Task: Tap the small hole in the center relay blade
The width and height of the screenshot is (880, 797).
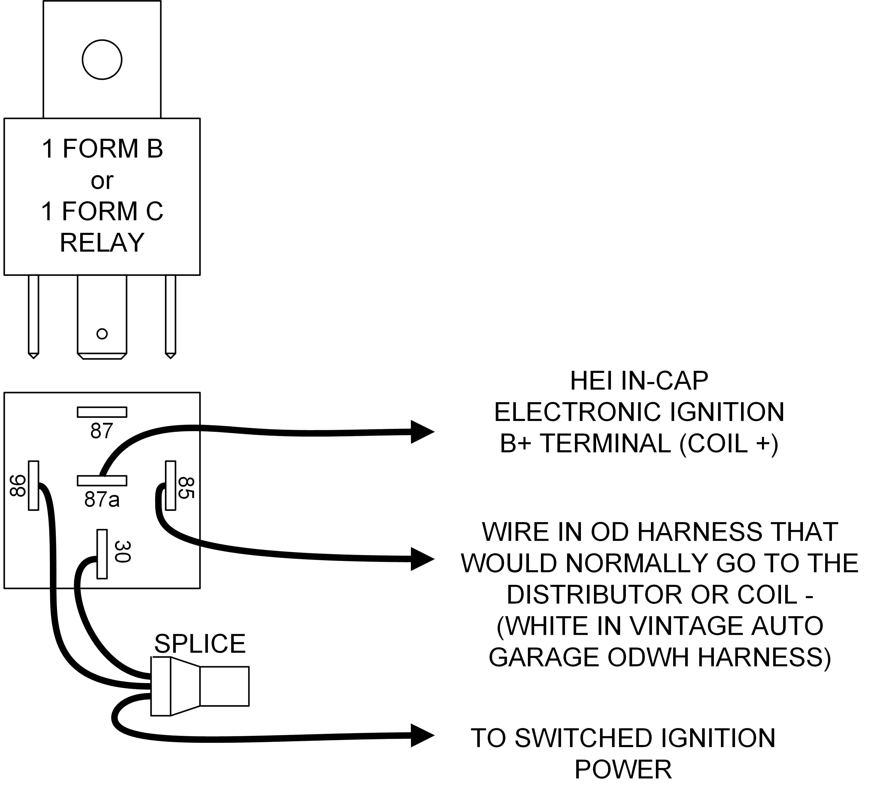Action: [102, 334]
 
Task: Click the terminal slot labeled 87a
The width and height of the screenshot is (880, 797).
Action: [102, 480]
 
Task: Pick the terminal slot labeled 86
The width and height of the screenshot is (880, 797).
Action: [34, 485]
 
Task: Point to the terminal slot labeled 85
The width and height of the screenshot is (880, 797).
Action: [171, 485]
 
